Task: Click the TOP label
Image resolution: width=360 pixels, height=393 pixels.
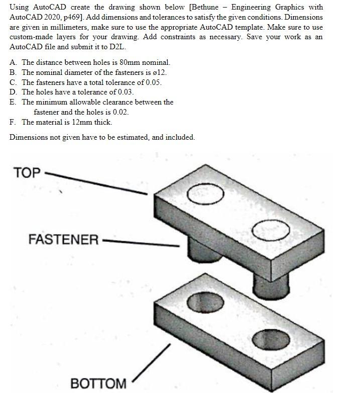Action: pos(27,172)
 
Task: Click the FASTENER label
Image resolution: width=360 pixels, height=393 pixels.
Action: pos(63,239)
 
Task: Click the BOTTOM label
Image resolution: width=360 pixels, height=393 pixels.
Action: pos(98,383)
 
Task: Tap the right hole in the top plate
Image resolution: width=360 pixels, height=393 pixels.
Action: pos(271,231)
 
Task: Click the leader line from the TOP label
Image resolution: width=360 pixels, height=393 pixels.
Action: pos(95,183)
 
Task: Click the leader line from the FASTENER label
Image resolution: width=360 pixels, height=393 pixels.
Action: pos(141,243)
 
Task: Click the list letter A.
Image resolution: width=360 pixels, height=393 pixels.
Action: pos(13,63)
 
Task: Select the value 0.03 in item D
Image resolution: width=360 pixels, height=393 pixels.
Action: pos(125,92)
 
